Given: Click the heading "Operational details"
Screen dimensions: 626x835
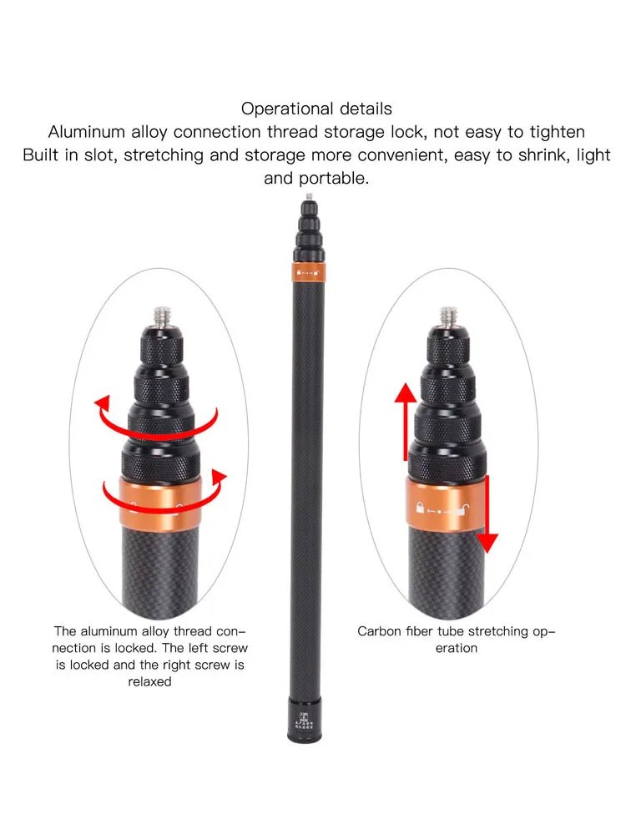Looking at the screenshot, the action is coord(316,109).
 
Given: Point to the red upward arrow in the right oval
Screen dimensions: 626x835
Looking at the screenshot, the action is coord(406,421).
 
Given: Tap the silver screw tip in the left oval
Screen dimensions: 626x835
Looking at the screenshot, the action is coord(162,316).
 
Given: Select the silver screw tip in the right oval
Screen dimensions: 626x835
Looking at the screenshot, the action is coord(449,316).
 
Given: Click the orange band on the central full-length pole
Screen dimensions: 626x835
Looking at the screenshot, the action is coord(308,272).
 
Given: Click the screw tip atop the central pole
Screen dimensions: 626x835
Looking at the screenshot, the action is coord(310,196).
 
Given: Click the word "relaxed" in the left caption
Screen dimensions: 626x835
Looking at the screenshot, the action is coord(149,681).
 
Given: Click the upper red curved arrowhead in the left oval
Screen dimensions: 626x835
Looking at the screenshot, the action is coord(102,403).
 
